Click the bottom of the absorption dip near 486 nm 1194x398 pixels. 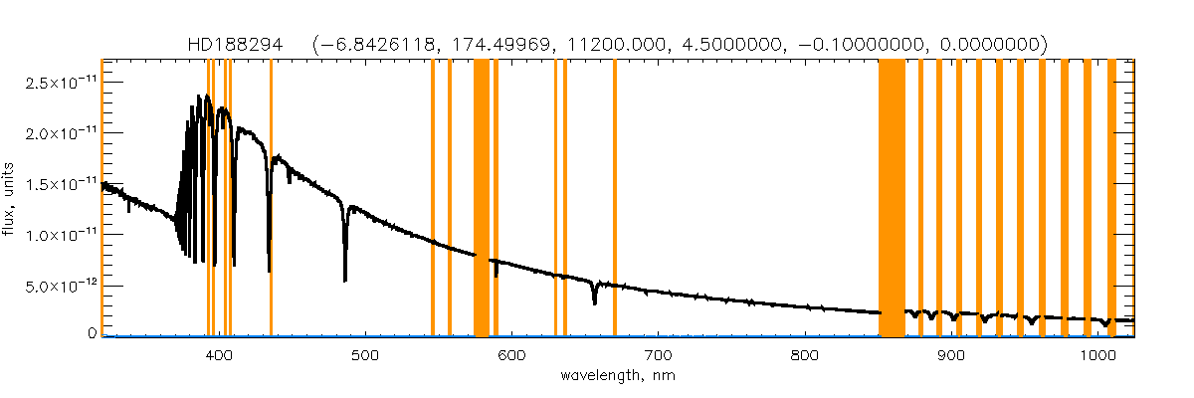point(345,280)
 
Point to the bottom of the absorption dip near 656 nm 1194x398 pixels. point(594,302)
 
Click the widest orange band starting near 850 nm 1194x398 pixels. point(892,199)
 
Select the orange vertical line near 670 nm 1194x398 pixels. point(615,199)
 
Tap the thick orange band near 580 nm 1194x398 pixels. point(481,199)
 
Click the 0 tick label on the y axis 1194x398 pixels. point(91,335)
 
